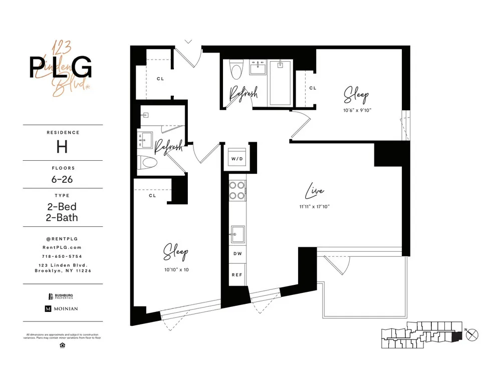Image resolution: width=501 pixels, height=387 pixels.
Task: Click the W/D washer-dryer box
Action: [237, 159]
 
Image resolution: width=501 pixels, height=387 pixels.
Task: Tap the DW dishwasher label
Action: [237, 254]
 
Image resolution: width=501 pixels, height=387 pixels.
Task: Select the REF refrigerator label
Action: [237, 275]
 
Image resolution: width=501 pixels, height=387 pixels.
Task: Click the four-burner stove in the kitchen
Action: [237, 190]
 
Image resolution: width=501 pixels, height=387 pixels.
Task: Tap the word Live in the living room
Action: [314, 192]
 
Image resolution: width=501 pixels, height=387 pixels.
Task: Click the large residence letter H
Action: [62, 147]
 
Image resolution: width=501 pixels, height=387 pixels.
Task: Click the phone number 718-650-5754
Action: [62, 256]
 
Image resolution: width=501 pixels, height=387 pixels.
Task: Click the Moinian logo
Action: [62, 309]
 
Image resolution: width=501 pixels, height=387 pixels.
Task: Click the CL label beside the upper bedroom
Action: [313, 88]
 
